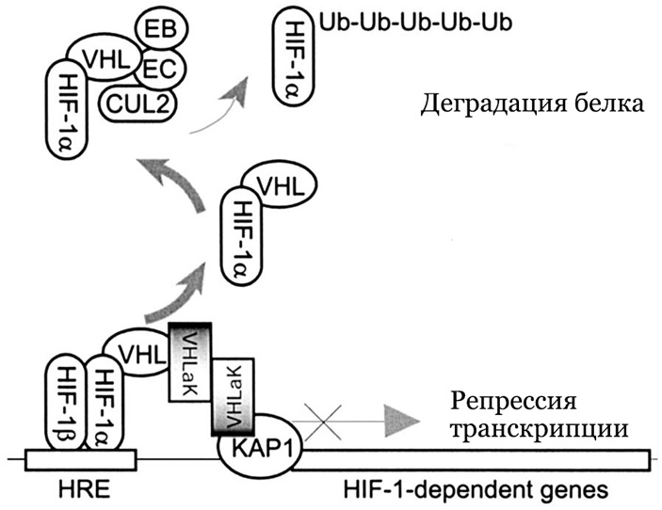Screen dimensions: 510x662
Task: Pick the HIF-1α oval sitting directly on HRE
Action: click(106, 399)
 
